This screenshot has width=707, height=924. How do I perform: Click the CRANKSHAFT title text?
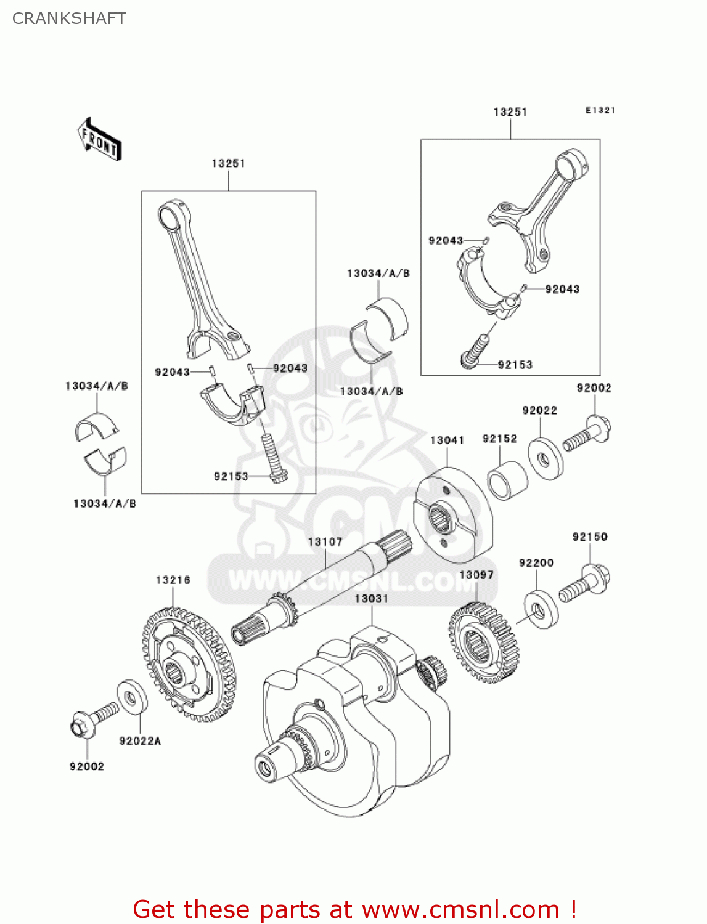click(69, 18)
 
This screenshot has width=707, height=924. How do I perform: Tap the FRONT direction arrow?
click(99, 140)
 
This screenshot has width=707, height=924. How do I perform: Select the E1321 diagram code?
click(600, 110)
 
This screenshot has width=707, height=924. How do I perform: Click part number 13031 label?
click(371, 598)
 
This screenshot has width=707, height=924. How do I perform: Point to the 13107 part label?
click(325, 541)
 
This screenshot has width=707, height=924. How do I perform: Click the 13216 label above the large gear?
click(173, 580)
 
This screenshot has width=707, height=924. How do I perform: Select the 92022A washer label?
click(140, 740)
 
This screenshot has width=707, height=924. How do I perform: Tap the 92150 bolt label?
click(590, 537)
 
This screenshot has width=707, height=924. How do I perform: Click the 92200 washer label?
click(536, 562)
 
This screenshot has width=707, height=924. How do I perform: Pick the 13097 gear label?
click(476, 575)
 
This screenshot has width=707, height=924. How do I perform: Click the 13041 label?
click(447, 440)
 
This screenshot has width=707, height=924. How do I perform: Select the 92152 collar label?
click(499, 438)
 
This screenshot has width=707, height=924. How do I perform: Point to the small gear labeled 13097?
click(484, 642)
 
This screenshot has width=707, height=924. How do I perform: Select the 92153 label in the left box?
click(231, 476)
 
